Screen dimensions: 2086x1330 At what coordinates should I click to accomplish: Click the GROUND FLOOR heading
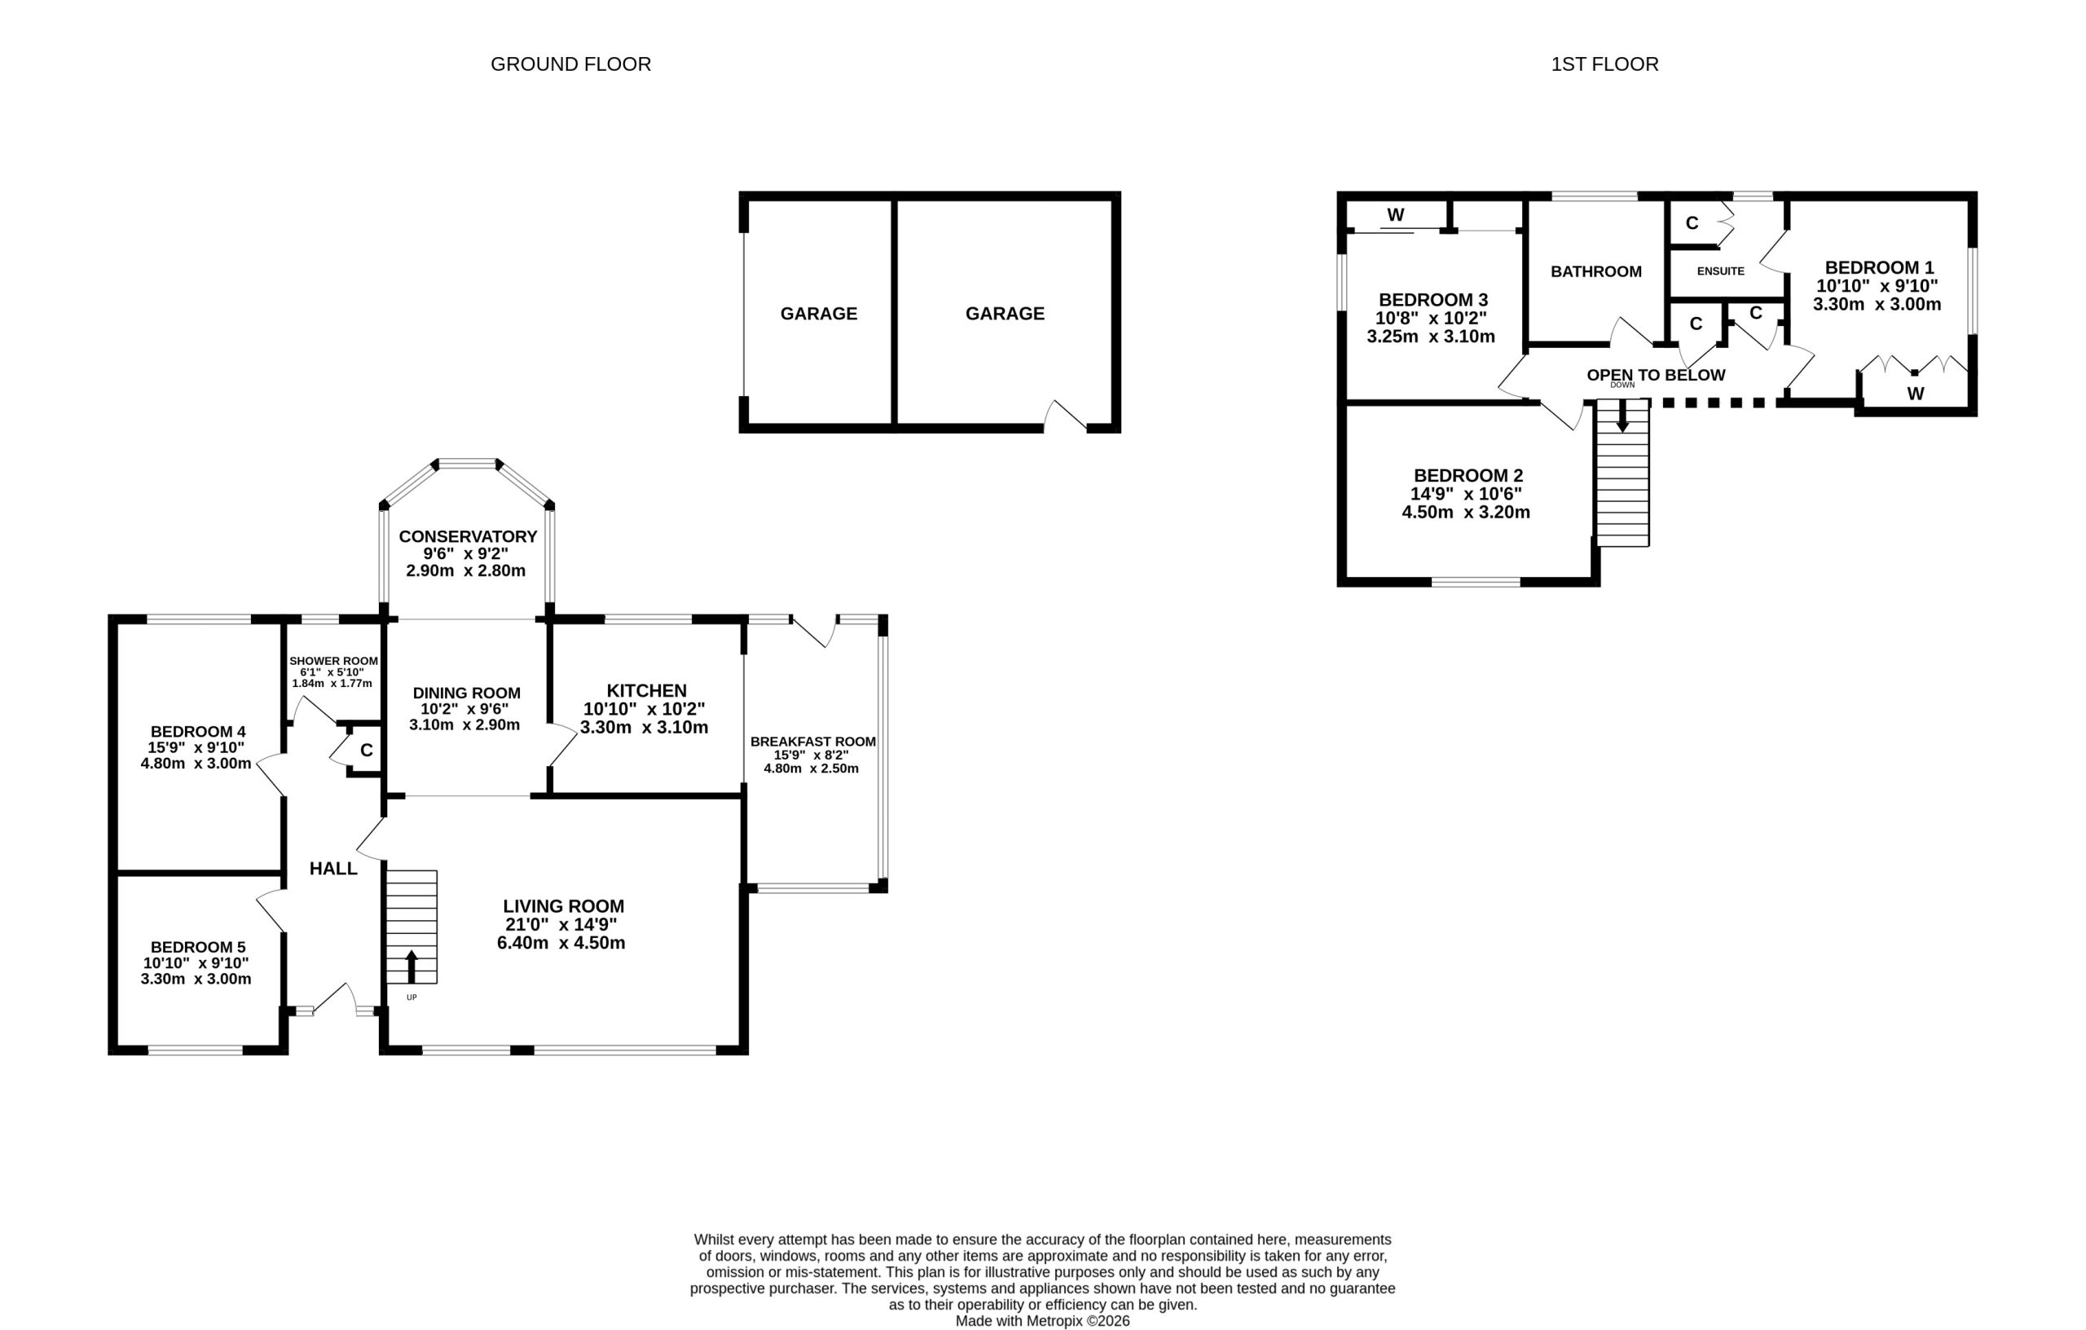570,64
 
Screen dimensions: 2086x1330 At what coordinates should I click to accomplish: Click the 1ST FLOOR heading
1604,64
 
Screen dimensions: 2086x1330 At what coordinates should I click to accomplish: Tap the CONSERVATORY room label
468,536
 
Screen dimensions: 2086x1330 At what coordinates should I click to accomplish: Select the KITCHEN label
646,690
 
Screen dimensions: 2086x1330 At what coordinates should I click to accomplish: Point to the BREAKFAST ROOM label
812,742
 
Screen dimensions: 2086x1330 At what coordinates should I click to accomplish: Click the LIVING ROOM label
563,905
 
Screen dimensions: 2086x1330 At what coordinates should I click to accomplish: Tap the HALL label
333,868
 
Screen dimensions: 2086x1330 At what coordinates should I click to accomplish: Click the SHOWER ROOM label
333,661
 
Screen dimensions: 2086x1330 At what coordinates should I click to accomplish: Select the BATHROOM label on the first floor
1595,272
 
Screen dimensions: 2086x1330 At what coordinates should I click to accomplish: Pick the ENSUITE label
1720,271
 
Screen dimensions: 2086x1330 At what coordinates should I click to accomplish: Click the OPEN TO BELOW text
1656,375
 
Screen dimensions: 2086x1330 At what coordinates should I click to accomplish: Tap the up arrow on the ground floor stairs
411,966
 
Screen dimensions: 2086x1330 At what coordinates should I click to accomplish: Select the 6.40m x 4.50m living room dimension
561,943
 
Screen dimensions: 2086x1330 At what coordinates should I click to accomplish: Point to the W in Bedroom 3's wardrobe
1395,215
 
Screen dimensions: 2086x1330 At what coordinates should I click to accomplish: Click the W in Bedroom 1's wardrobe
1916,394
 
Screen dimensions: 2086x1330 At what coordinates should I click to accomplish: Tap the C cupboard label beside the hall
367,751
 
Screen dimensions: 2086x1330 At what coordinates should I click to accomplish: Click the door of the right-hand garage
1066,416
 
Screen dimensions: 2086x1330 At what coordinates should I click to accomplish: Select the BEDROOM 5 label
197,947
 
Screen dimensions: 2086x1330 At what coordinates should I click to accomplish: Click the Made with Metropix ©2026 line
1043,1320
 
